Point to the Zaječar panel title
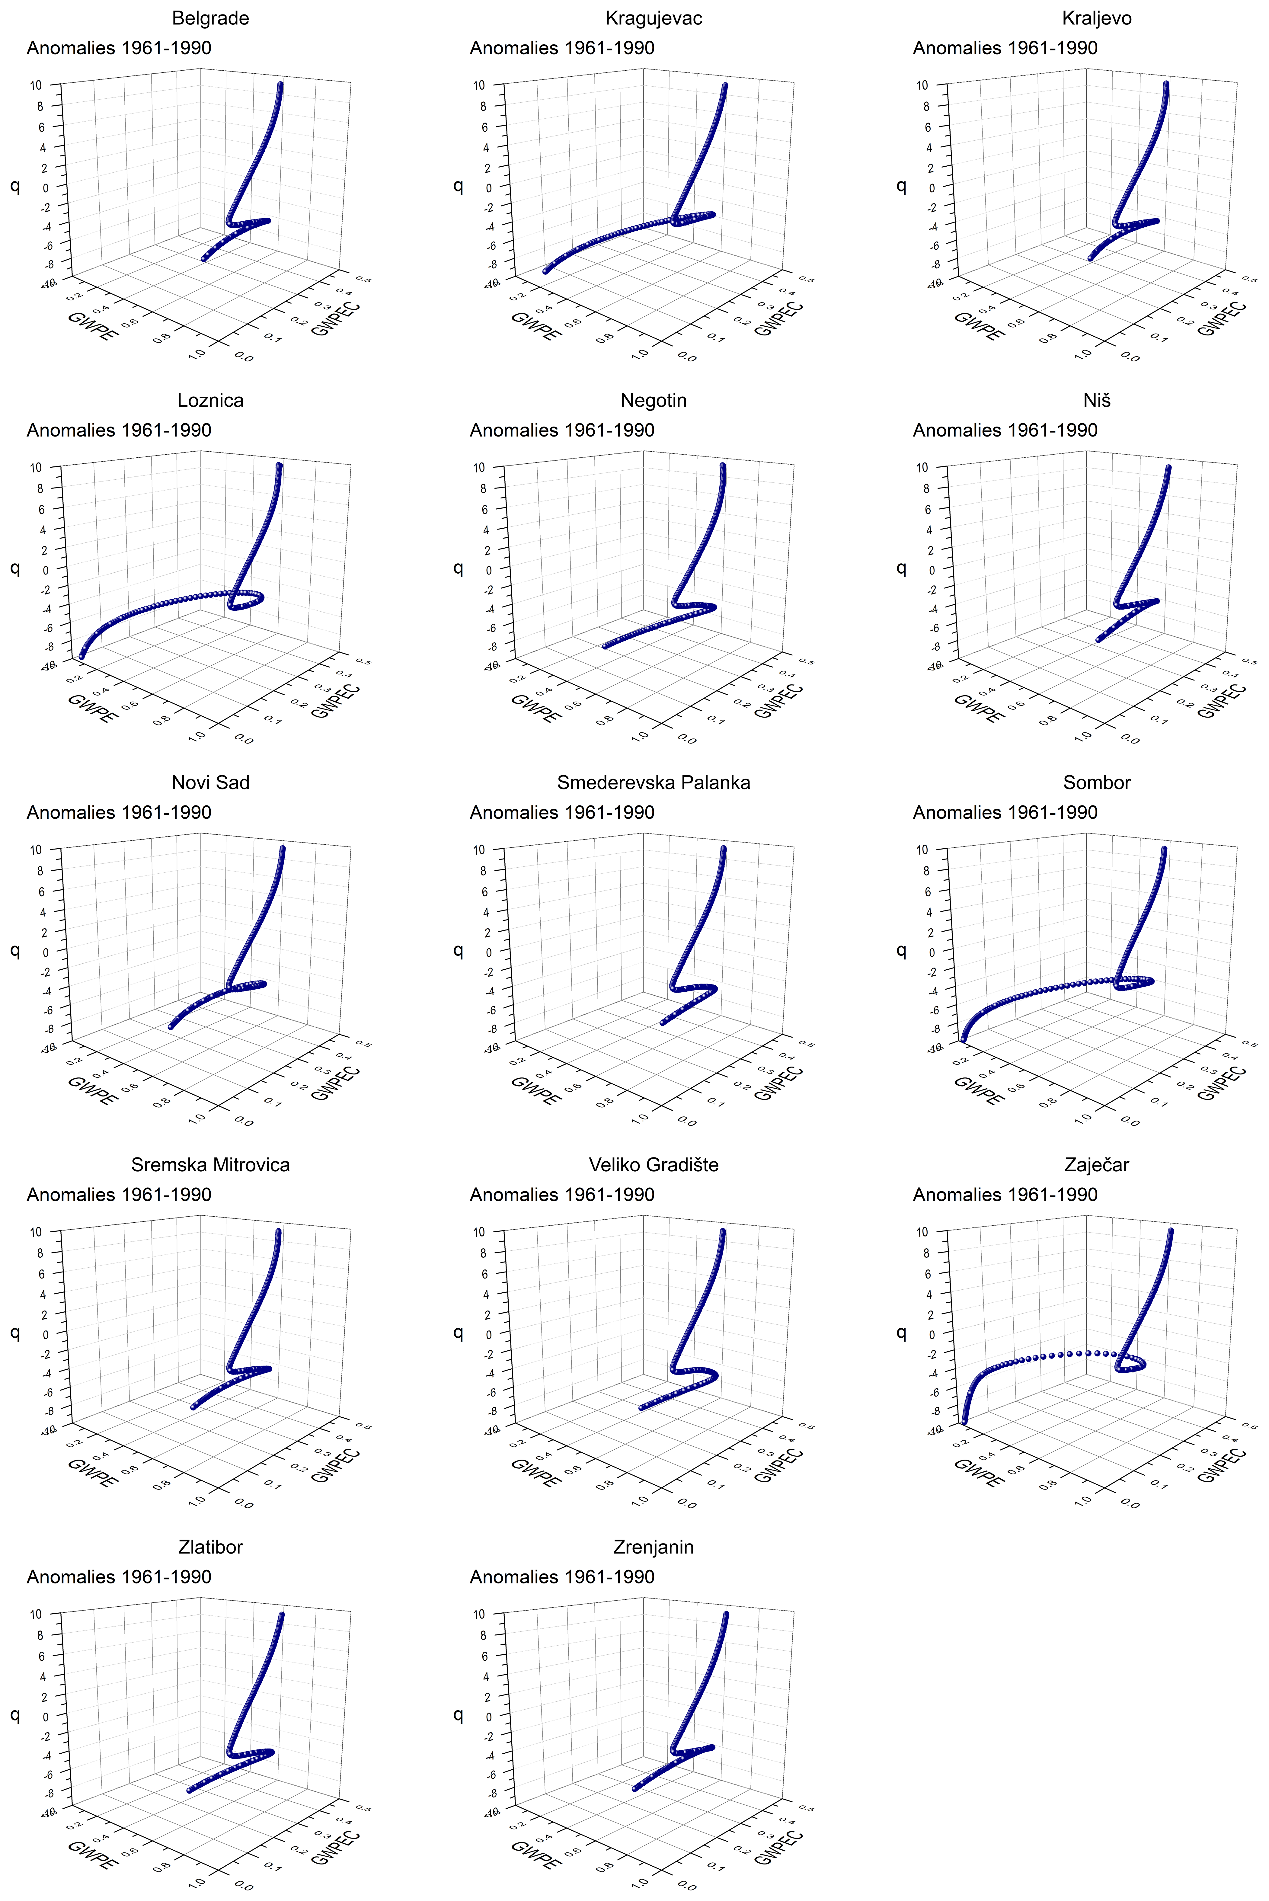[1097, 1165]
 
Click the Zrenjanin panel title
[653, 1547]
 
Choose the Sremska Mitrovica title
[210, 1165]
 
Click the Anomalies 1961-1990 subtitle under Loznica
[119, 430]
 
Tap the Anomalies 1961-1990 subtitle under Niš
[1005, 430]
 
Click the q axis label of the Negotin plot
[458, 568]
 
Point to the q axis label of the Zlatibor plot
[14, 1714]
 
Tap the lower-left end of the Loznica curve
[81, 655]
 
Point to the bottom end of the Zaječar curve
[963, 1421]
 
